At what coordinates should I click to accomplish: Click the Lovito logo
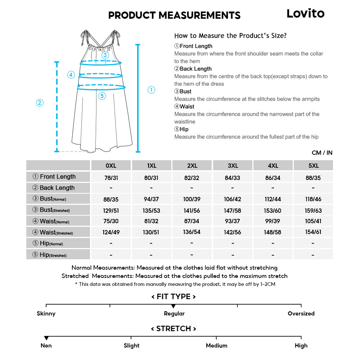[305, 14]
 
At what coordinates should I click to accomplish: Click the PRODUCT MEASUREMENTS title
[174, 15]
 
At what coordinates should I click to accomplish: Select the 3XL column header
[233, 166]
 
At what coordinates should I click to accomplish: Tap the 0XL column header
[111, 166]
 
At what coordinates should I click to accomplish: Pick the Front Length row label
[58, 177]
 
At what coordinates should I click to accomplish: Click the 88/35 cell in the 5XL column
[313, 178]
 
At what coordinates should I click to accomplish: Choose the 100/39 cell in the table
[192, 199]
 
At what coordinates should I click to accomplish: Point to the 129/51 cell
[111, 210]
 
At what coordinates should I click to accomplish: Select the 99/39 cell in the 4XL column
[273, 221]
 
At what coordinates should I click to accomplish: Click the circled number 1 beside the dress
[152, 90]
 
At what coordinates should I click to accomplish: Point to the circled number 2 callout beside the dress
[40, 103]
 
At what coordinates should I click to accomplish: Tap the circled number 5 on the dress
[102, 96]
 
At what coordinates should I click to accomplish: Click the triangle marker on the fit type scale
[173, 306]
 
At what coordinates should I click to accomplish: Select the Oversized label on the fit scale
[301, 314]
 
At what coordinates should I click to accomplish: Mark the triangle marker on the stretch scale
[46, 338]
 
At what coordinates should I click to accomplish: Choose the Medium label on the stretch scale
[216, 346]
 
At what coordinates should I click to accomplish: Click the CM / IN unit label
[322, 153]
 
